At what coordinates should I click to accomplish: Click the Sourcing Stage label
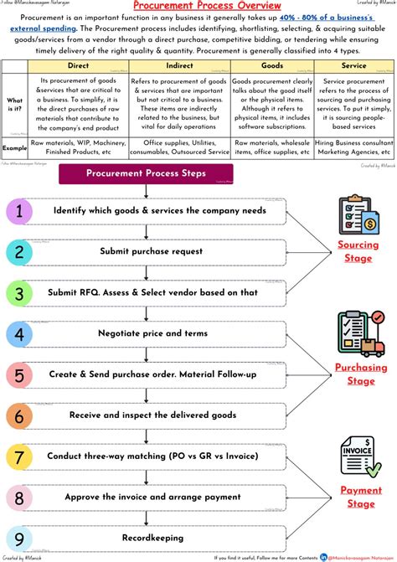coord(358,251)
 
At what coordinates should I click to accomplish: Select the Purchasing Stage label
coord(361,374)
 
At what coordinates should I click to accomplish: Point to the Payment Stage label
coord(361,497)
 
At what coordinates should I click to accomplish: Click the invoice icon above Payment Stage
coord(360,456)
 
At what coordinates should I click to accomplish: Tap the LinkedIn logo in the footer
coord(323,556)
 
